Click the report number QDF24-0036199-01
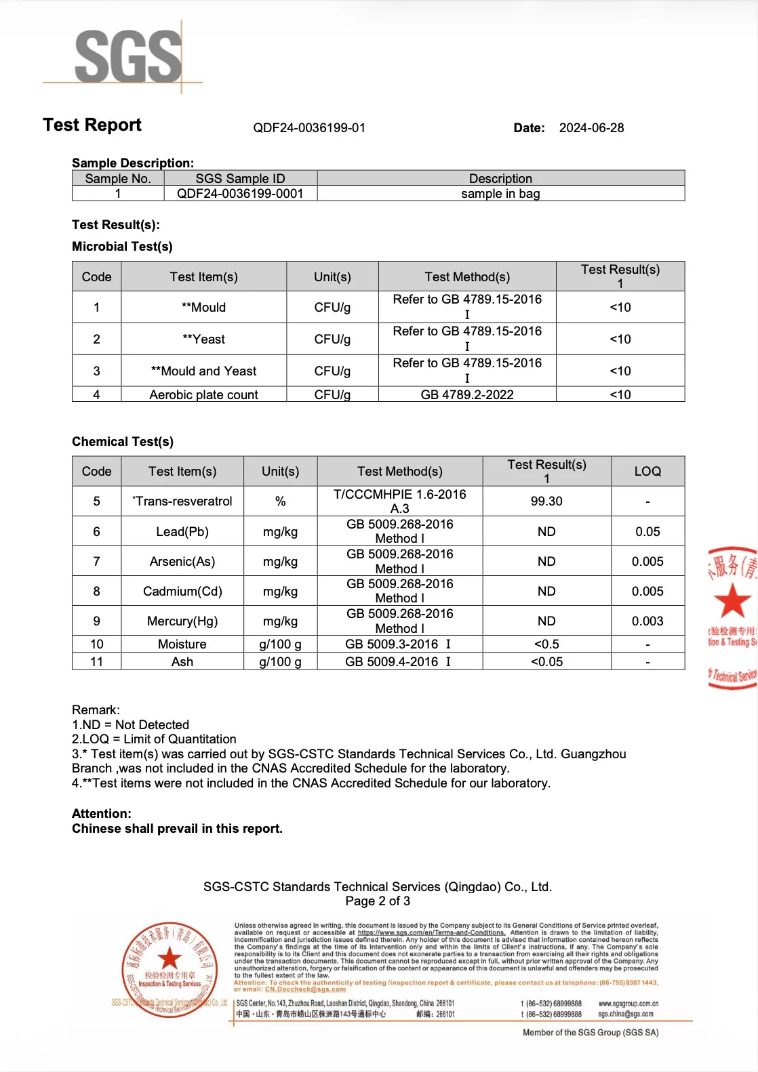309,128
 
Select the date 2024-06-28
591,128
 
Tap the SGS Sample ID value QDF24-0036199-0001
240,194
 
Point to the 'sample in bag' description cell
500,194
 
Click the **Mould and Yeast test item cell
203,371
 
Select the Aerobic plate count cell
203,394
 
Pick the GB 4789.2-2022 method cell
467,394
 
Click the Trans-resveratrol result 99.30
546,501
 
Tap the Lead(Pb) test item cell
182,532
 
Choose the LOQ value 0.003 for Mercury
647,621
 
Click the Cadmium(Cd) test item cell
182,592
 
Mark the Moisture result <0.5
546,644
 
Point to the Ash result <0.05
546,662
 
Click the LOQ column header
647,472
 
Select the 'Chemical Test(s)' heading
123,442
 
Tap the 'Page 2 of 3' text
378,901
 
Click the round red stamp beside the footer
169,969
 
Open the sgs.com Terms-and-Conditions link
431,933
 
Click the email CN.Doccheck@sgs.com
305,989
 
